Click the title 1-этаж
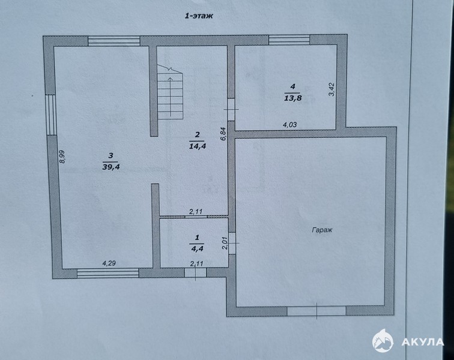(x=199, y=16)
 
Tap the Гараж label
(x=322, y=230)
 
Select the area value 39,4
(x=111, y=167)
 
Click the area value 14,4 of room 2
(x=198, y=146)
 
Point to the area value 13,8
(x=293, y=98)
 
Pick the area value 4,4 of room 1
(x=197, y=248)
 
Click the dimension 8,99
(x=62, y=157)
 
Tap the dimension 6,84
(x=223, y=134)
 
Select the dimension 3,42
(x=331, y=89)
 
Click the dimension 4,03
(x=290, y=125)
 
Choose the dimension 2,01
(x=225, y=243)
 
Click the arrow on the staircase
(x=171, y=97)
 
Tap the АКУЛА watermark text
(x=422, y=342)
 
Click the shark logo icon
(x=383, y=341)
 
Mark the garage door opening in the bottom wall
(x=316, y=311)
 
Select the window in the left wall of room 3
(x=51, y=115)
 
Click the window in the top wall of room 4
(x=289, y=40)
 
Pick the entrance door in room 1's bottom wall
(x=195, y=272)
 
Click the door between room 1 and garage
(x=232, y=243)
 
